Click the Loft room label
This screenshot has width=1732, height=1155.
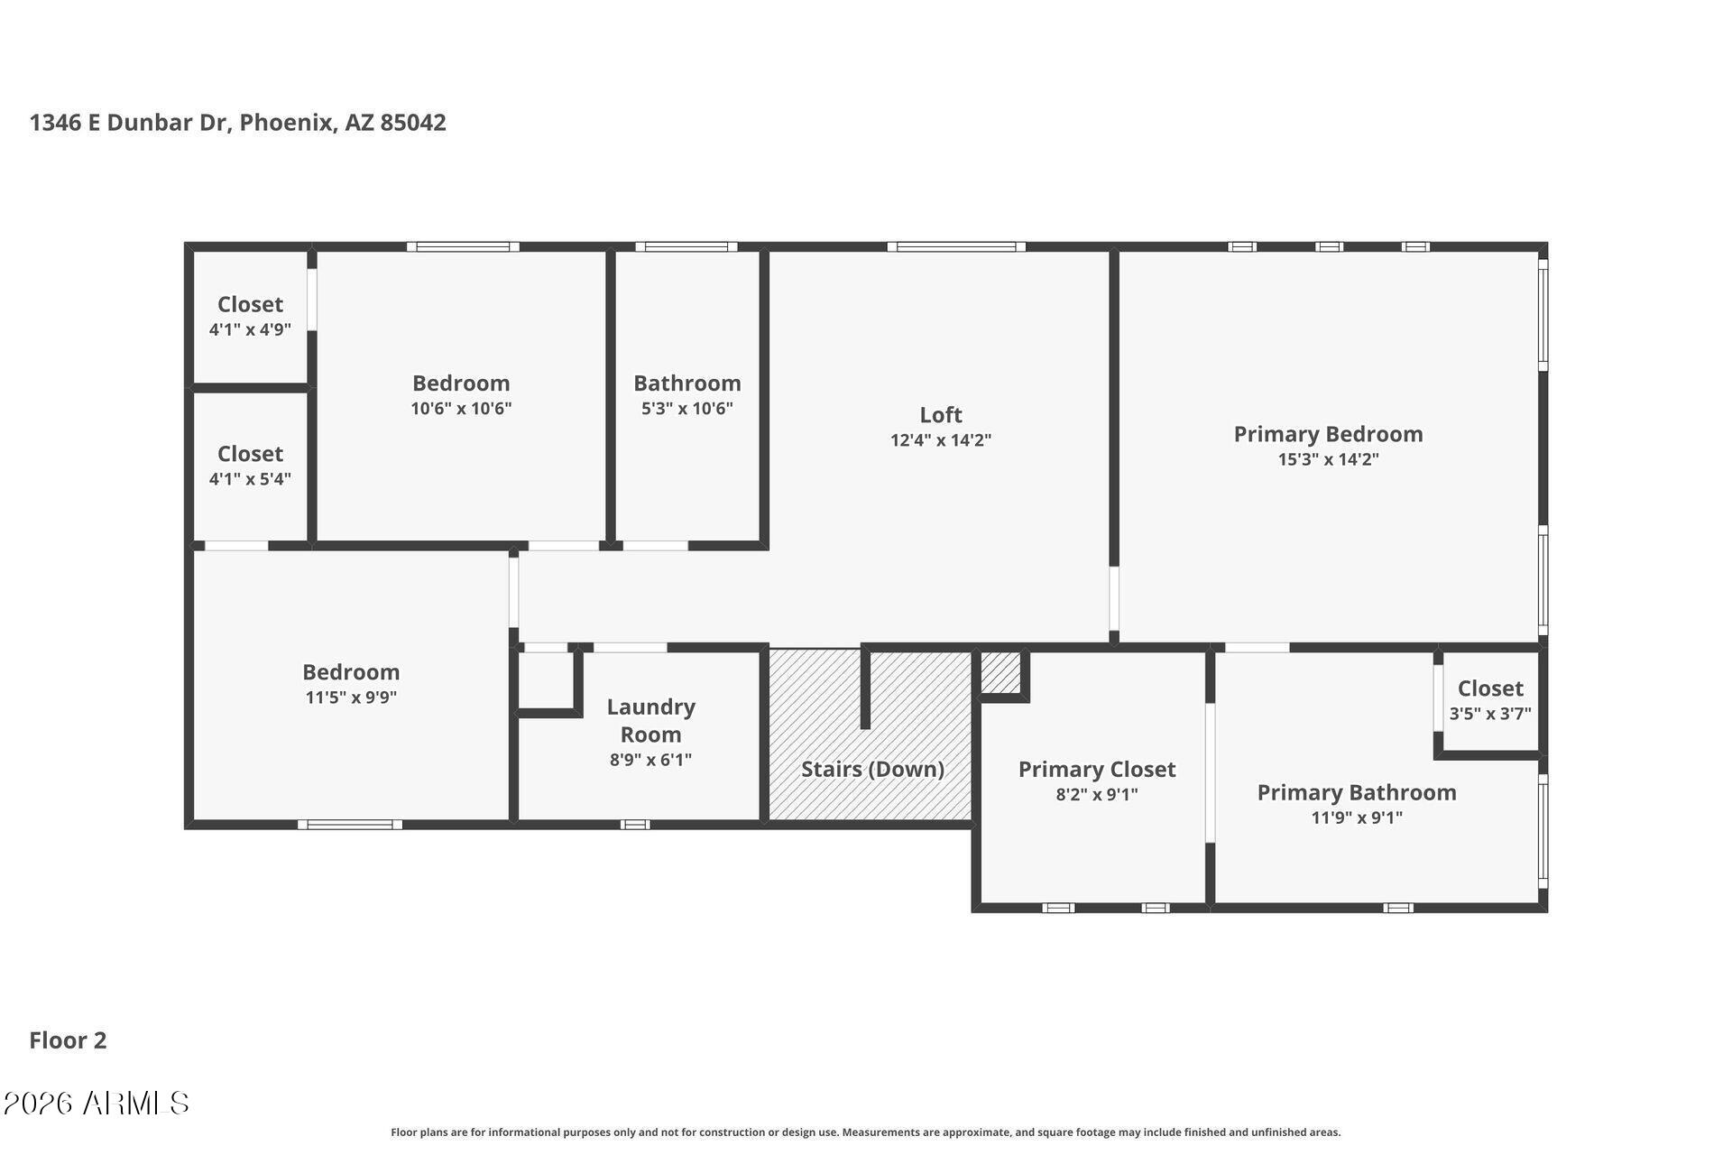[941, 415]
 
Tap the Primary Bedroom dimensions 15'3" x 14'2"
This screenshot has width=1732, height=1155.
[1328, 459]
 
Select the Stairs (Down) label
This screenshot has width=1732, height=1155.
[872, 769]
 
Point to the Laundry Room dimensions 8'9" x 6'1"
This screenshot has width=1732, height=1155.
[650, 760]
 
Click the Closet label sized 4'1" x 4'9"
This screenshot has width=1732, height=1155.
[250, 305]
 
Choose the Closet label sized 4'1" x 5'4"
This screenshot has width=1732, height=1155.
[250, 454]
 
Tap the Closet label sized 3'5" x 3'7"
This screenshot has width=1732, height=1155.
[1490, 688]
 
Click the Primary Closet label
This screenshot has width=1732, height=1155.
[1097, 770]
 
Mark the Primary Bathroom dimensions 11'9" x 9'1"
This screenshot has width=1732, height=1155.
[1357, 818]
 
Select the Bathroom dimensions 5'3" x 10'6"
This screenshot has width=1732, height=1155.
[686, 409]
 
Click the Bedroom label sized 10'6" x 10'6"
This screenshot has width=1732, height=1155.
[461, 383]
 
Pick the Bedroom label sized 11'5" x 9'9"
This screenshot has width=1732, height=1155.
[351, 672]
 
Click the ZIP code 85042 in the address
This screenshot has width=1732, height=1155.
[413, 123]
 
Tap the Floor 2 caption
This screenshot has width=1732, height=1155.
[68, 1040]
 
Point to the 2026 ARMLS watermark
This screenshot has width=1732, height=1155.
[96, 1103]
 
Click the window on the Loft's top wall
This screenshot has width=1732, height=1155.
[956, 246]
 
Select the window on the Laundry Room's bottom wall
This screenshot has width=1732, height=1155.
[635, 824]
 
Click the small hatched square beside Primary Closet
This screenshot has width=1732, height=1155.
[1000, 672]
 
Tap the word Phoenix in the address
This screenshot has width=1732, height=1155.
[287, 123]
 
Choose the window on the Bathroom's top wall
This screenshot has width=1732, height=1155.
[686, 246]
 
